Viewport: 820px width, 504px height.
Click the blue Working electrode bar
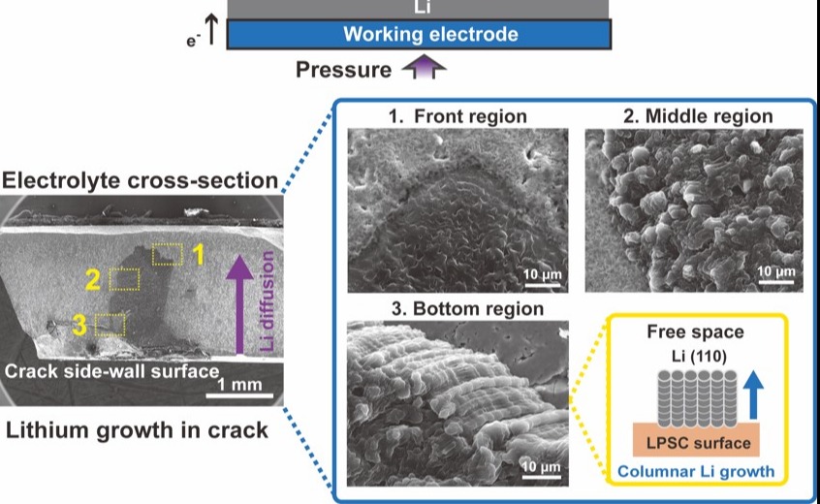pyautogui.click(x=419, y=35)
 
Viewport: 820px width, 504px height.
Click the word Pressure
pyautogui.click(x=343, y=70)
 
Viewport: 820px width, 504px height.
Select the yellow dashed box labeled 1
pyautogui.click(x=167, y=254)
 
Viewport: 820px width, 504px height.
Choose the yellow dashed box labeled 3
pyautogui.click(x=108, y=324)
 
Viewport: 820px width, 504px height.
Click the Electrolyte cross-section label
pyautogui.click(x=141, y=180)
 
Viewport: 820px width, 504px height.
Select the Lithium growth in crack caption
pyautogui.click(x=137, y=429)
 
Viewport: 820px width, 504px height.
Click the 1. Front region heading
pyautogui.click(x=457, y=116)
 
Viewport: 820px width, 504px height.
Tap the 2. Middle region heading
pyautogui.click(x=698, y=116)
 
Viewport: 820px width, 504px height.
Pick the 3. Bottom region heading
pyautogui.click(x=452, y=310)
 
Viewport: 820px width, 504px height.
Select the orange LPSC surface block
pyautogui.click(x=696, y=443)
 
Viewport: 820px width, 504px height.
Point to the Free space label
pyautogui.click(x=695, y=332)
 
